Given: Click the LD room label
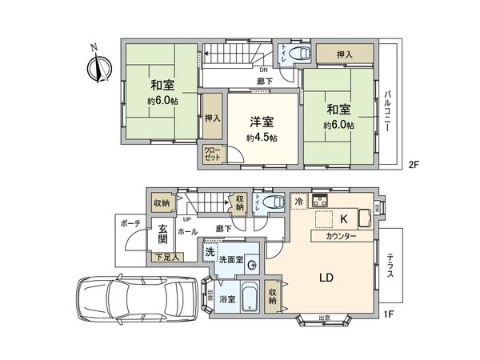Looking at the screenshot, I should [326, 278].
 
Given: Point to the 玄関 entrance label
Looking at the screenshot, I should [162, 231].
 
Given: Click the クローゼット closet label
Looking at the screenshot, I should [211, 154].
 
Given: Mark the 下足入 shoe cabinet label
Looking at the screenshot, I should [166, 257].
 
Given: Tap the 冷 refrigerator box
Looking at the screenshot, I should [298, 201].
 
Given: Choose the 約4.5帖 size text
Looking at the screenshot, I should [261, 138].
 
